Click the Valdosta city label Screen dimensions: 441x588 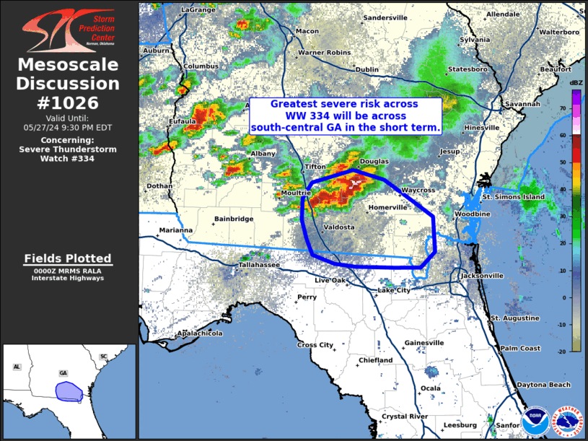[x=339, y=227]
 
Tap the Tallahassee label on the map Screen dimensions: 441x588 [x=259, y=265]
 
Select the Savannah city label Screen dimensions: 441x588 [x=522, y=104]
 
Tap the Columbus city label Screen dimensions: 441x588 [x=201, y=66]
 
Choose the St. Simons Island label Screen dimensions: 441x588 [x=514, y=196]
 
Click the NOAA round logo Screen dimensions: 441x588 [x=534, y=418]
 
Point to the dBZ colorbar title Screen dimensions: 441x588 [x=576, y=84]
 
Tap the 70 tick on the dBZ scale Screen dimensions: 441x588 [x=564, y=108]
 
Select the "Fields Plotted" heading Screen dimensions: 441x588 [x=67, y=258]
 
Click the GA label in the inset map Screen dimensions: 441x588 [x=63, y=373]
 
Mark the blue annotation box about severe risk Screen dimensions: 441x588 [x=345, y=115]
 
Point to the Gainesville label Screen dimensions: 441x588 [x=424, y=342]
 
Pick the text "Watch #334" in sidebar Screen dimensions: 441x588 [x=67, y=158]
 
